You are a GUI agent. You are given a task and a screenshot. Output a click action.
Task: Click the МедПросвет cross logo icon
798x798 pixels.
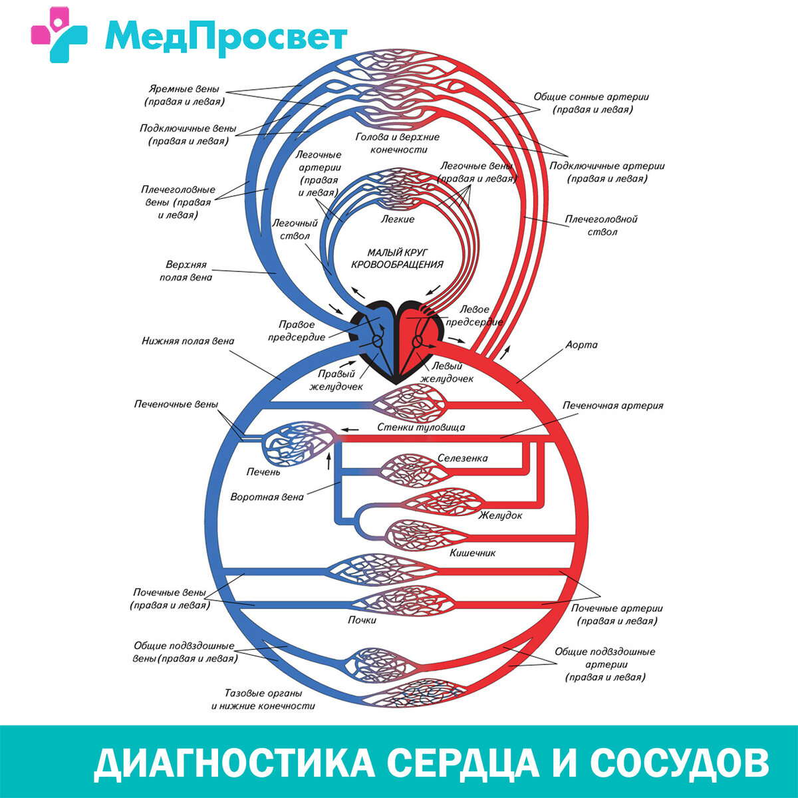pyautogui.click(x=59, y=35)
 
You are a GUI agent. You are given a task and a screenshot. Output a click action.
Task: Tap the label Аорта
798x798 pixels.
pyautogui.click(x=581, y=345)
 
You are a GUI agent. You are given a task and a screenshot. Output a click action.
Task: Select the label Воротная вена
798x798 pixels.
pyautogui.click(x=267, y=497)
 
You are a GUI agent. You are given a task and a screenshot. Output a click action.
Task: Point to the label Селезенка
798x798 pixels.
pyautogui.click(x=462, y=458)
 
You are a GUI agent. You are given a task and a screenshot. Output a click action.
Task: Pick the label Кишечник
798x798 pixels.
pyautogui.click(x=472, y=553)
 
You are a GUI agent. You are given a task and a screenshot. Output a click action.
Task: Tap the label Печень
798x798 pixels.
pyautogui.click(x=263, y=472)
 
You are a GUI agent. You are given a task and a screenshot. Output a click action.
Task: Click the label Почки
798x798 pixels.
pyautogui.click(x=362, y=620)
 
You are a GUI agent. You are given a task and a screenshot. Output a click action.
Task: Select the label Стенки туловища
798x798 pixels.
pyautogui.click(x=421, y=428)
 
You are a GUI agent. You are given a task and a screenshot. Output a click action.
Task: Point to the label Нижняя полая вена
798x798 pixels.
pyautogui.click(x=188, y=341)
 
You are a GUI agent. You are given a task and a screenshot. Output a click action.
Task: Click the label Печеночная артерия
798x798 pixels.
pyautogui.click(x=612, y=405)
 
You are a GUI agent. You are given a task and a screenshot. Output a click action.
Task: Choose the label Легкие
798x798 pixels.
pyautogui.click(x=398, y=219)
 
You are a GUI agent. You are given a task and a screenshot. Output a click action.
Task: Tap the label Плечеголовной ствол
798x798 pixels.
pyautogui.click(x=601, y=225)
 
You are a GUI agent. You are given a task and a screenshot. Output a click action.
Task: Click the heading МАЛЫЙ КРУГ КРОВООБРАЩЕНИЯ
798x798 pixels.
pyautogui.click(x=397, y=258)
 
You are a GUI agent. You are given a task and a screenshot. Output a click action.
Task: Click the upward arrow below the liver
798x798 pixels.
pyautogui.click(x=329, y=462)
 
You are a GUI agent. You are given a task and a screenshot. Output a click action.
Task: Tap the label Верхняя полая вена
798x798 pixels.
pyautogui.click(x=186, y=271)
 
